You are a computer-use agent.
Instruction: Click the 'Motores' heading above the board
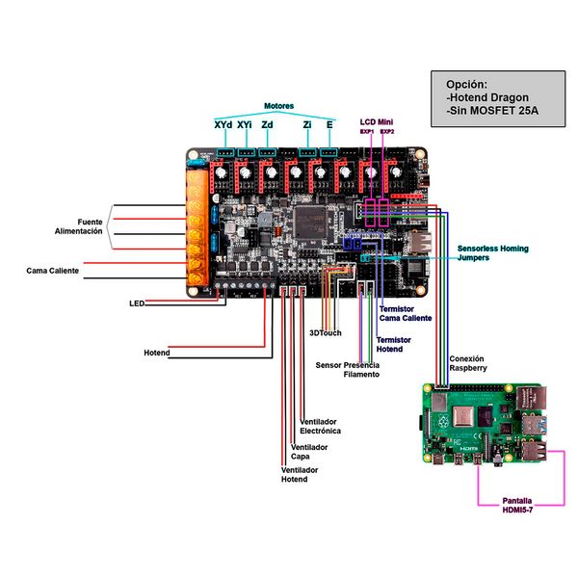pos(278,106)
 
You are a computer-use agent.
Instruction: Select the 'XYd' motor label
pos(223,125)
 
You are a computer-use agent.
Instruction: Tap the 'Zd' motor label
pos(267,125)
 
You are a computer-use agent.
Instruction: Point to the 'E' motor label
pos(330,125)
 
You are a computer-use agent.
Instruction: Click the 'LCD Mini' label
pos(377,122)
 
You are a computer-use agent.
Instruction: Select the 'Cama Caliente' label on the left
pos(53,272)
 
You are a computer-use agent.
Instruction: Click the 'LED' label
pos(136,303)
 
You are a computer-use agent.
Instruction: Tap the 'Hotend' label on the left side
pos(156,354)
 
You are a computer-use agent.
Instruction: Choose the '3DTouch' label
pos(325,333)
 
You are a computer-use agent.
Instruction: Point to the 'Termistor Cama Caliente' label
pos(405,313)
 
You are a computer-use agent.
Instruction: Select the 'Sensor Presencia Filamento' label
pos(347,370)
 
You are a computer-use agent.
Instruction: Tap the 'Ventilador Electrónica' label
pos(320,427)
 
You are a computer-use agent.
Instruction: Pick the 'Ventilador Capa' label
pos(309,452)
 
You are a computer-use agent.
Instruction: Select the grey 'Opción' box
pos(494,98)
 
